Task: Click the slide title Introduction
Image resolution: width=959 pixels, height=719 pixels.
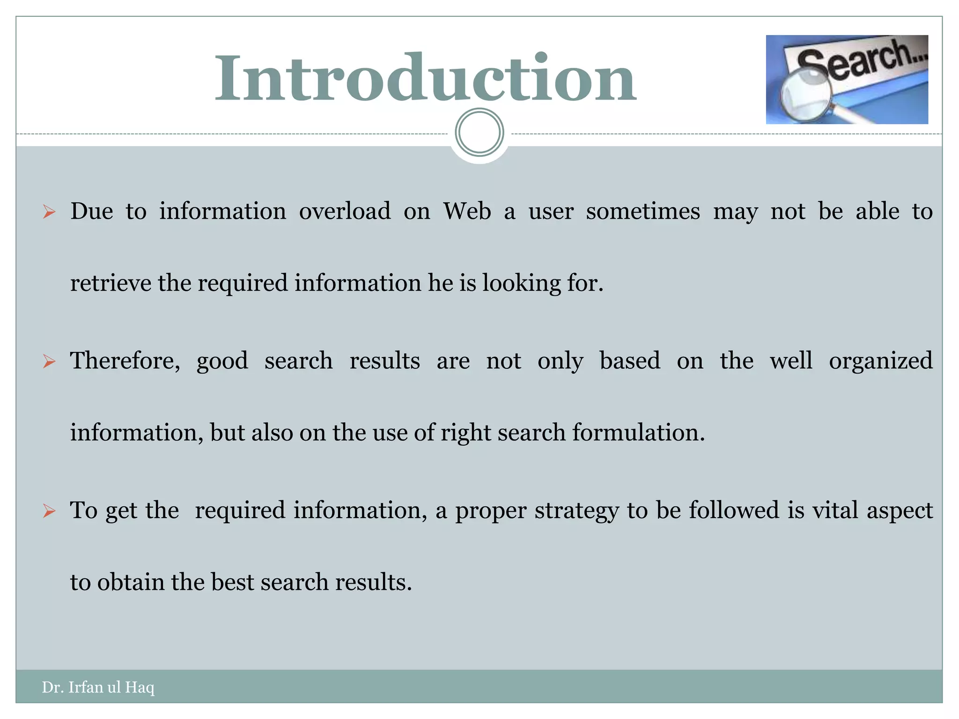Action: pos(425,78)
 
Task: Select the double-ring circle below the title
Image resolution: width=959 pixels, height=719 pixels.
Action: pos(479,132)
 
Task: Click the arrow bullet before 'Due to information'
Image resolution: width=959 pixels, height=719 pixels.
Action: pos(49,212)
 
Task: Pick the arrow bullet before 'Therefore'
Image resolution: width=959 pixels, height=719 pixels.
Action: pos(49,361)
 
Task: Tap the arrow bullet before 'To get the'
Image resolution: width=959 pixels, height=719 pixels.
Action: pos(49,511)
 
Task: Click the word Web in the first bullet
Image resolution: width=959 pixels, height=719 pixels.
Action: pos(467,211)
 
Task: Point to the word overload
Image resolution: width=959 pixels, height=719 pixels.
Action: pos(345,211)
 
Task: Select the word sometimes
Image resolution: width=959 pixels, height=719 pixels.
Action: pos(643,211)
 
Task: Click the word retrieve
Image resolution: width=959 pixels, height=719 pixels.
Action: pos(111,283)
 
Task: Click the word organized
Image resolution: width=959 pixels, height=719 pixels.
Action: pos(881,361)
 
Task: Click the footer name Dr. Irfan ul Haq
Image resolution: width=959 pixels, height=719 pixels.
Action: pos(98,687)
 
